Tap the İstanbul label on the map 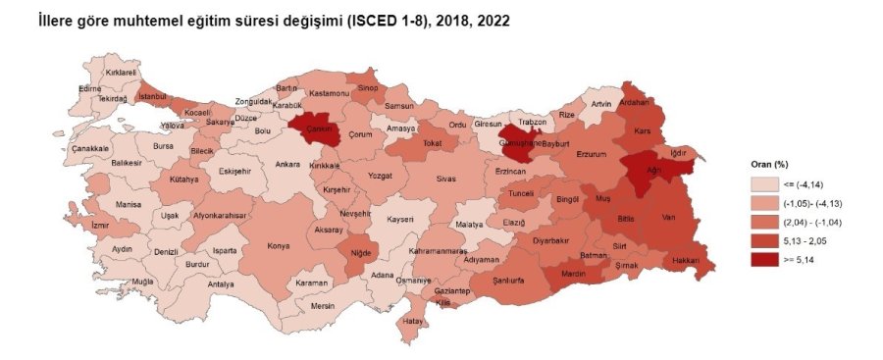(x=154, y=96)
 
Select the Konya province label (x=279, y=245)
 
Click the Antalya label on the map (x=222, y=284)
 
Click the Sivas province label (x=446, y=180)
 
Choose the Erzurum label (x=594, y=154)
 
